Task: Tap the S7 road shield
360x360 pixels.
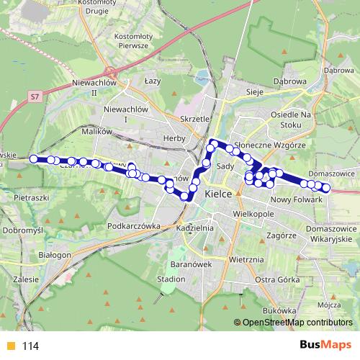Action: [35, 94]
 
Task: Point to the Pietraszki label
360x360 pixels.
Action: [31, 196]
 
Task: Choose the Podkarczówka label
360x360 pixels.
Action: [131, 225]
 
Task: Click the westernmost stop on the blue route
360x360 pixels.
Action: [34, 158]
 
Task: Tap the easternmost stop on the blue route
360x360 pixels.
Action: [325, 189]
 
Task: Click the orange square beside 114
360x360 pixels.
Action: [9, 346]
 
